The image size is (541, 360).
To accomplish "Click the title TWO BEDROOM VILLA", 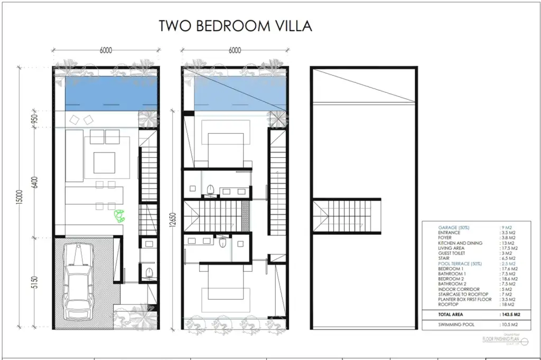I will point(236,26).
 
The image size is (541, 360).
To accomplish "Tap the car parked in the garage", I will point(78,282).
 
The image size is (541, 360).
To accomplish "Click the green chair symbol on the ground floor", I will point(120,215).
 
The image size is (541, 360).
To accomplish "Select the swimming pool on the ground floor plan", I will point(111,93).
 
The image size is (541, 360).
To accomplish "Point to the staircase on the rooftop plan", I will point(347,215).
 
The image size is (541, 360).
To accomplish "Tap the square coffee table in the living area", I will point(104,162).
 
